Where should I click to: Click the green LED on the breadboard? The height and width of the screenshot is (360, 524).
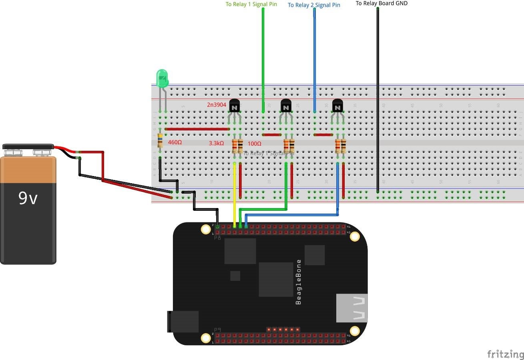pos(162,78)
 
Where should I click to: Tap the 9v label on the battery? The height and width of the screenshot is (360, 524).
pos(28,198)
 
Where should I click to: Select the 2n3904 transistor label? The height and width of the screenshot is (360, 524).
pos(217,105)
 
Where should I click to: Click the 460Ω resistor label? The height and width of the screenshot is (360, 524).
pos(175,142)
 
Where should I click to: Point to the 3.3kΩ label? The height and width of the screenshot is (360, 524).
pos(216,143)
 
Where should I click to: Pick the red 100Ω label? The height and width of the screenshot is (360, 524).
pos(254,144)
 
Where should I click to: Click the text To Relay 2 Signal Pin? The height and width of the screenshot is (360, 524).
pos(314,5)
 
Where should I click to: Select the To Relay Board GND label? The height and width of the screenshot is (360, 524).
pos(381,3)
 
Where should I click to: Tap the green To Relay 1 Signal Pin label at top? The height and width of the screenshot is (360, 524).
pos(251,4)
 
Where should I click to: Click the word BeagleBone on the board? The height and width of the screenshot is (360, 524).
pos(298,282)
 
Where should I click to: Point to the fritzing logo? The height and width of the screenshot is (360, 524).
pos(505,354)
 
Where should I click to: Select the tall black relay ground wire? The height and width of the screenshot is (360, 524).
pos(377,100)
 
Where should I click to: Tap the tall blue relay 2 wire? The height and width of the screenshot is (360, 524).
pos(315,60)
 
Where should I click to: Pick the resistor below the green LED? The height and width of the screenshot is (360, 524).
pos(160,140)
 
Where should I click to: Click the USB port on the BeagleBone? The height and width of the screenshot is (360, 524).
pos(352,308)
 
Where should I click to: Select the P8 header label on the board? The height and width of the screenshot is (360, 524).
pos(217,238)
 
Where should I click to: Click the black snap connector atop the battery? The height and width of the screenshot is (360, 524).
pos(28,147)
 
